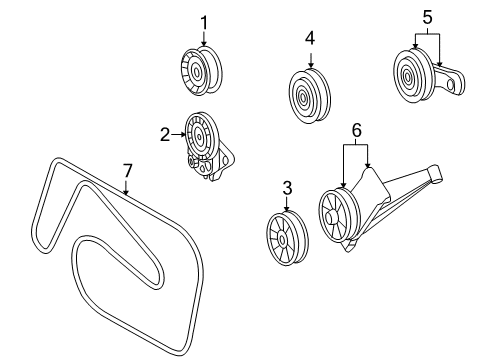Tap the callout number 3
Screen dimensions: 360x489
pyautogui.click(x=287, y=188)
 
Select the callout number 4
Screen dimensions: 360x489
pyautogui.click(x=310, y=39)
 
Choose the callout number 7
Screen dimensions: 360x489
pyautogui.click(x=126, y=171)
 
